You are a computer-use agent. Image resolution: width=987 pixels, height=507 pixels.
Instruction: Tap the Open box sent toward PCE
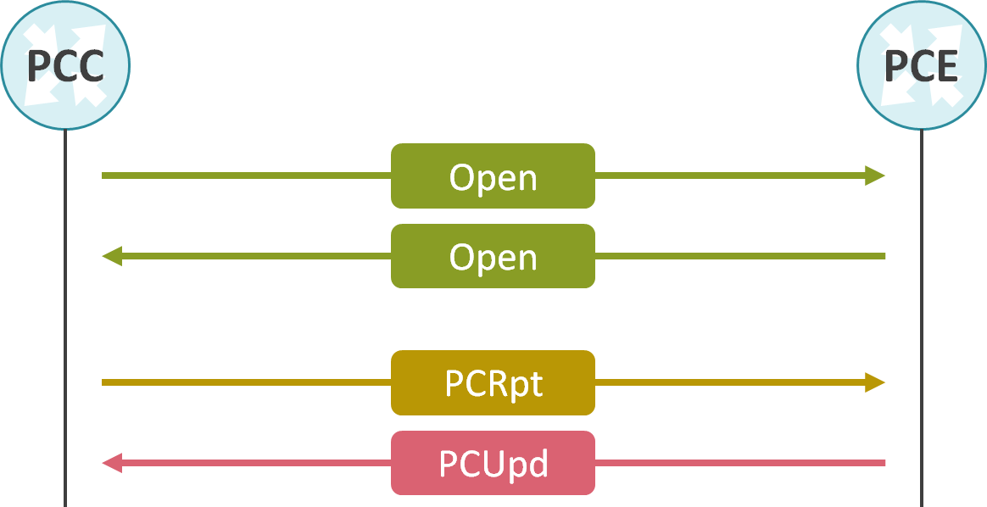point(493,175)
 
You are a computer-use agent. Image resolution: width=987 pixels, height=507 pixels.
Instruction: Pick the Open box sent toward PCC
point(493,256)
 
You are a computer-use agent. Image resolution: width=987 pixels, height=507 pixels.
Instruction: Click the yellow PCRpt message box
point(493,382)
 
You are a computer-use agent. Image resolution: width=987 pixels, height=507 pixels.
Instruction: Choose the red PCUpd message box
point(493,463)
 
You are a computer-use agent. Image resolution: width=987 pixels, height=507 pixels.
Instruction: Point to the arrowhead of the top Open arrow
point(875,175)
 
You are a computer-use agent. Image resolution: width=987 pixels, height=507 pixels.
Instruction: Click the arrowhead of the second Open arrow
point(112,256)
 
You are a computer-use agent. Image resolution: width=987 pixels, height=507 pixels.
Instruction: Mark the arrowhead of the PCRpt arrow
point(875,382)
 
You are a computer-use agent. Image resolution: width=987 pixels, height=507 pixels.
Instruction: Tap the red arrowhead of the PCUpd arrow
point(112,463)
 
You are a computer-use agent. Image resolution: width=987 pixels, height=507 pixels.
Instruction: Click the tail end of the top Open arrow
point(105,175)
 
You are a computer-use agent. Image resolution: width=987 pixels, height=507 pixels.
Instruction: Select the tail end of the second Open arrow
point(882,256)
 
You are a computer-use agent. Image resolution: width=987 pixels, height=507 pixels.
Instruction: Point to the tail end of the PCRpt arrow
point(105,382)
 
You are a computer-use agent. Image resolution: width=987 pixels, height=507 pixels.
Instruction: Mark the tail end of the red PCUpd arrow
point(882,463)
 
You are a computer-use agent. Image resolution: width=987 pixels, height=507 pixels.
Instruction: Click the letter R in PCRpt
point(494,384)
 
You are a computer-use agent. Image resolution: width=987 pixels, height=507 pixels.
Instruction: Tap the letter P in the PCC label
point(39,66)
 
